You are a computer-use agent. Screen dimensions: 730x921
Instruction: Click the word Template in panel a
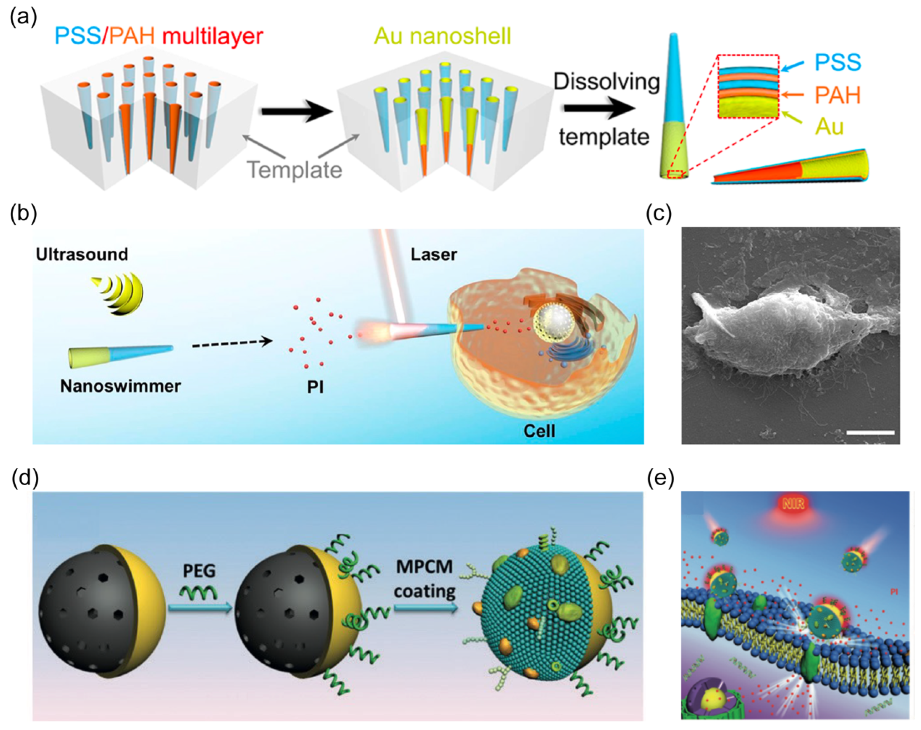pos(295,170)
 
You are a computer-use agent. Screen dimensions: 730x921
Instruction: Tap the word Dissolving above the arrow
pos(606,81)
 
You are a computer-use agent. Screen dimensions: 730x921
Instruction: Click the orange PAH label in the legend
pos(837,95)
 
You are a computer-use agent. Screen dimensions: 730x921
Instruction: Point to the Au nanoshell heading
pos(442,36)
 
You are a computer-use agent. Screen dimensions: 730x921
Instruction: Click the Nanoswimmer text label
pos(120,386)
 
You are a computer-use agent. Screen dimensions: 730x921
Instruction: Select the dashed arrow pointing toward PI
pos(232,342)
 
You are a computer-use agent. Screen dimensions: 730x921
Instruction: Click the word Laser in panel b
pos(434,255)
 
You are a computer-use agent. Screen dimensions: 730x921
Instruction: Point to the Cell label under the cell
pos(539,431)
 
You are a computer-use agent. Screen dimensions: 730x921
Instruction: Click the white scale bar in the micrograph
pos(870,433)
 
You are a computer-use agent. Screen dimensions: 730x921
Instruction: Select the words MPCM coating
pos(425,579)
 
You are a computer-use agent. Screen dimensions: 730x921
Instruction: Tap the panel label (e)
pos(660,478)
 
